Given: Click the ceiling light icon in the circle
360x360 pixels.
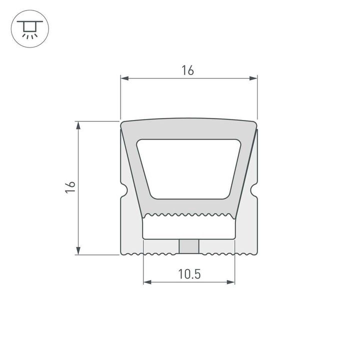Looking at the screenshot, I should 28,29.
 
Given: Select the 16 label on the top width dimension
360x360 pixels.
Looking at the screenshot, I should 187,70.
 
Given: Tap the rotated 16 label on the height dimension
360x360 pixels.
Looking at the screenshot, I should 70,187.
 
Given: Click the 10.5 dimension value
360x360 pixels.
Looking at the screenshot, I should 188,273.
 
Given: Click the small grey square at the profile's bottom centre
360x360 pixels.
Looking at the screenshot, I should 188,246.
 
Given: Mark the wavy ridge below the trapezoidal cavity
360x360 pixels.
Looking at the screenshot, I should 188,215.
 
